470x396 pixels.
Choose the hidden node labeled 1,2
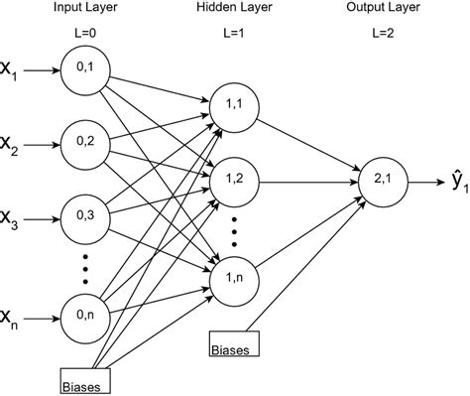[233, 179]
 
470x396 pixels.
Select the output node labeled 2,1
[382, 179]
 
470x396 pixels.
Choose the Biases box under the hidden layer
[234, 347]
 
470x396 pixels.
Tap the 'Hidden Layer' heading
[235, 10]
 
